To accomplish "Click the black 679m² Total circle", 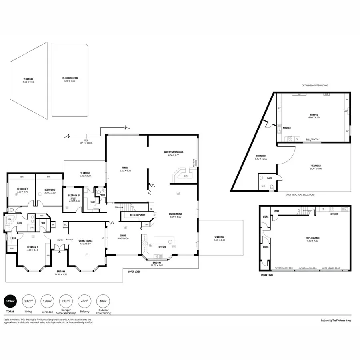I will point(10,301).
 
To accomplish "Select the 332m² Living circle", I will point(28,301).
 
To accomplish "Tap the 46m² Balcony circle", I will point(84,301).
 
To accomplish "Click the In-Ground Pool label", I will point(70,80).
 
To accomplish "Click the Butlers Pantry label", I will point(137,215).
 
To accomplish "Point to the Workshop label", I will point(260,157).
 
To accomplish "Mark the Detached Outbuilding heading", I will point(315,85).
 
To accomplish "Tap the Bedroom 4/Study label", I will point(73,197).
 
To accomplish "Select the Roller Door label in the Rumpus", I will point(312,140).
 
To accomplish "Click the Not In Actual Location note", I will point(300,194).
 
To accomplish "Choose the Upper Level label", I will point(134,272).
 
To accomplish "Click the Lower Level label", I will point(267,276).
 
